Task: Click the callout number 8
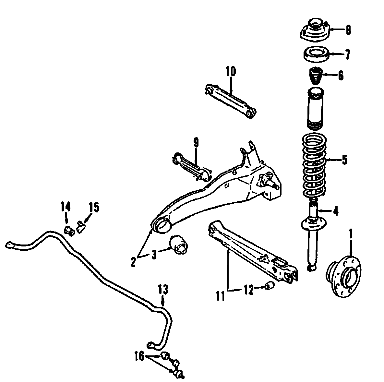pyautogui.click(x=348, y=30)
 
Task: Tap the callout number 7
pyautogui.click(x=347, y=54)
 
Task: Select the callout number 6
pyautogui.click(x=341, y=76)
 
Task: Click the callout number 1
pyautogui.click(x=350, y=233)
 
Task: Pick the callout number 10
pyautogui.click(x=231, y=71)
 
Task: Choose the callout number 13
pyautogui.click(x=163, y=289)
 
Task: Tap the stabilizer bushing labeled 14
pyautogui.click(x=69, y=231)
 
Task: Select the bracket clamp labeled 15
pyautogui.click(x=80, y=225)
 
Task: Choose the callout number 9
pyautogui.click(x=196, y=143)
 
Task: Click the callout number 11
pyautogui.click(x=221, y=296)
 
